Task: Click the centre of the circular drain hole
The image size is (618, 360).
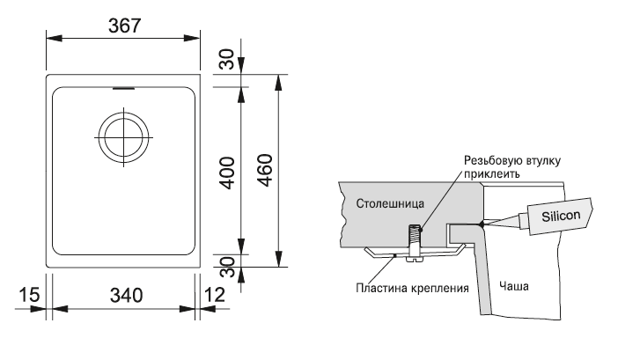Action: tap(121, 137)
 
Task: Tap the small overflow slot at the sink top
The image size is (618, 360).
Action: tap(121, 88)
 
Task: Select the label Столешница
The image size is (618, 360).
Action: tap(387, 204)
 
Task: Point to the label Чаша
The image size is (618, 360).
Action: tap(511, 286)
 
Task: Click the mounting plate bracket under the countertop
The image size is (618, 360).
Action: tap(414, 254)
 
